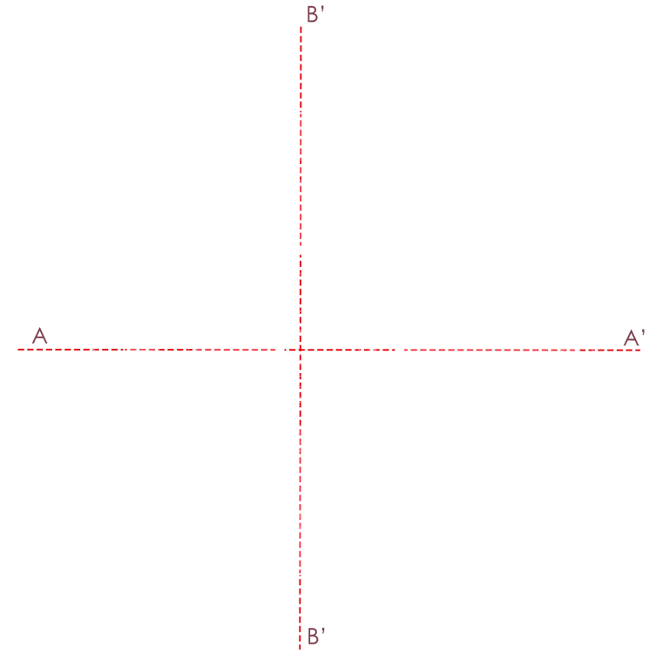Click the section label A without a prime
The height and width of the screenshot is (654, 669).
38,335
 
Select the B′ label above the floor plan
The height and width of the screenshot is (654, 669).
315,14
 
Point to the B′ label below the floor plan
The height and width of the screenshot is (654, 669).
315,637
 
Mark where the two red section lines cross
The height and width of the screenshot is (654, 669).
301,350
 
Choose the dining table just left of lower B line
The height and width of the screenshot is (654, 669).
286,521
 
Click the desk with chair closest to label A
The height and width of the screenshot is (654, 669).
139,354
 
